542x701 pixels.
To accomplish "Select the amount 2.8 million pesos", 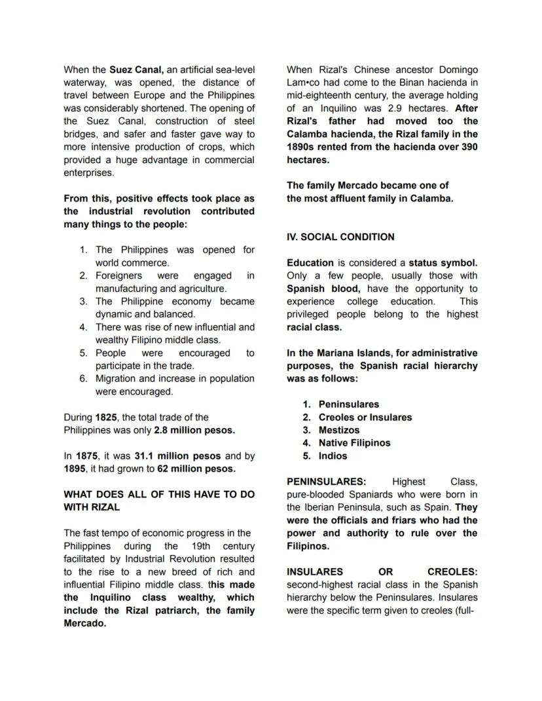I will pos(194,430).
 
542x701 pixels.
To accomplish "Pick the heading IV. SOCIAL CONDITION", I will pos(340,237).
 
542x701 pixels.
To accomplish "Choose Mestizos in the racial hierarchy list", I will pos(338,430).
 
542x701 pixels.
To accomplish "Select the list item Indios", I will pos(333,456).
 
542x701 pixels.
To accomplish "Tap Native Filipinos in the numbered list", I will pos(354,443).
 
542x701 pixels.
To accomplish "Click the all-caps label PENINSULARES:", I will pos(326,482).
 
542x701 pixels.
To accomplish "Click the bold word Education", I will pos(310,263).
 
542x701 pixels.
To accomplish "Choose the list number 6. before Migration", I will pos(83,378).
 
